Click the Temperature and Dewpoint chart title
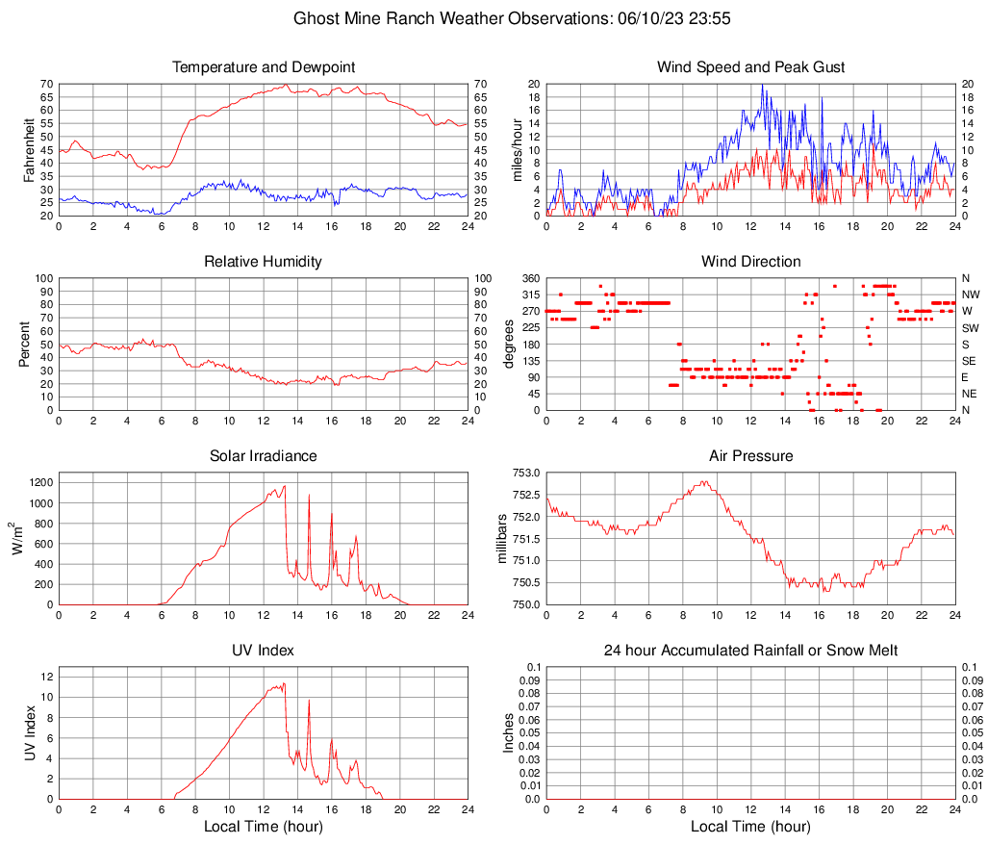click(x=263, y=67)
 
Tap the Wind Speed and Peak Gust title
click(x=750, y=67)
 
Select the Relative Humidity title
click(x=263, y=262)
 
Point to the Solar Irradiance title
click(x=263, y=456)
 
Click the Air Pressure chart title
click(x=750, y=456)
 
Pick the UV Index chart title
click(x=263, y=651)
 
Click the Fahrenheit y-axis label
click(x=29, y=150)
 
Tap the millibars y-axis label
click(x=511, y=539)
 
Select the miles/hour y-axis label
click(x=517, y=150)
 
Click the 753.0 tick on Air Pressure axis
click(x=527, y=473)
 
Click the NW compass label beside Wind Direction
click(x=973, y=294)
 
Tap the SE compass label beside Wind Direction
click(x=971, y=361)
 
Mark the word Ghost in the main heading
click(x=314, y=18)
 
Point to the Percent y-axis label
click(x=24, y=345)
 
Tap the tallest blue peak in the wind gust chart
click(x=762, y=85)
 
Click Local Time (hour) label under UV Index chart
click(x=263, y=827)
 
